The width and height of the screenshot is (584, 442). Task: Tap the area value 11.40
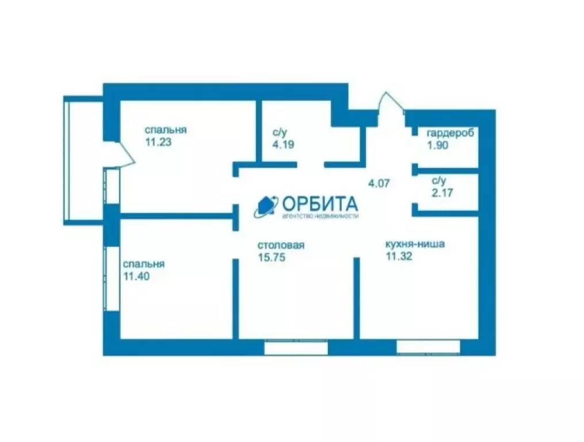tap(136, 276)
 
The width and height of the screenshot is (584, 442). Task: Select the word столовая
tap(281, 246)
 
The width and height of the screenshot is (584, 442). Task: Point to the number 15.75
tap(272, 257)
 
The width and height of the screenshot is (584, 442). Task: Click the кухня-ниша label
tap(415, 243)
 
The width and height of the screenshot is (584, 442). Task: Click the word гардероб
tap(451, 134)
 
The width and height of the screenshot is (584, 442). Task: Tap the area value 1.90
tap(437, 145)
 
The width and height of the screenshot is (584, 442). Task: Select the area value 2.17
tap(442, 193)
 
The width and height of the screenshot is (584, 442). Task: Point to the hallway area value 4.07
tap(380, 184)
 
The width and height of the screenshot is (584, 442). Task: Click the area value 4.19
tap(284, 144)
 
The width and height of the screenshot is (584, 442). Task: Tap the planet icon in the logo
tap(266, 205)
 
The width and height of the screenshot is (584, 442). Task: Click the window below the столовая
tap(296, 347)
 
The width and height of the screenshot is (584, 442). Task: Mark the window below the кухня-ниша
tap(428, 346)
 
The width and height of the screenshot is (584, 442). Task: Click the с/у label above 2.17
tap(439, 181)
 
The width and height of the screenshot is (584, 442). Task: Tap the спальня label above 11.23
tap(166, 130)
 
